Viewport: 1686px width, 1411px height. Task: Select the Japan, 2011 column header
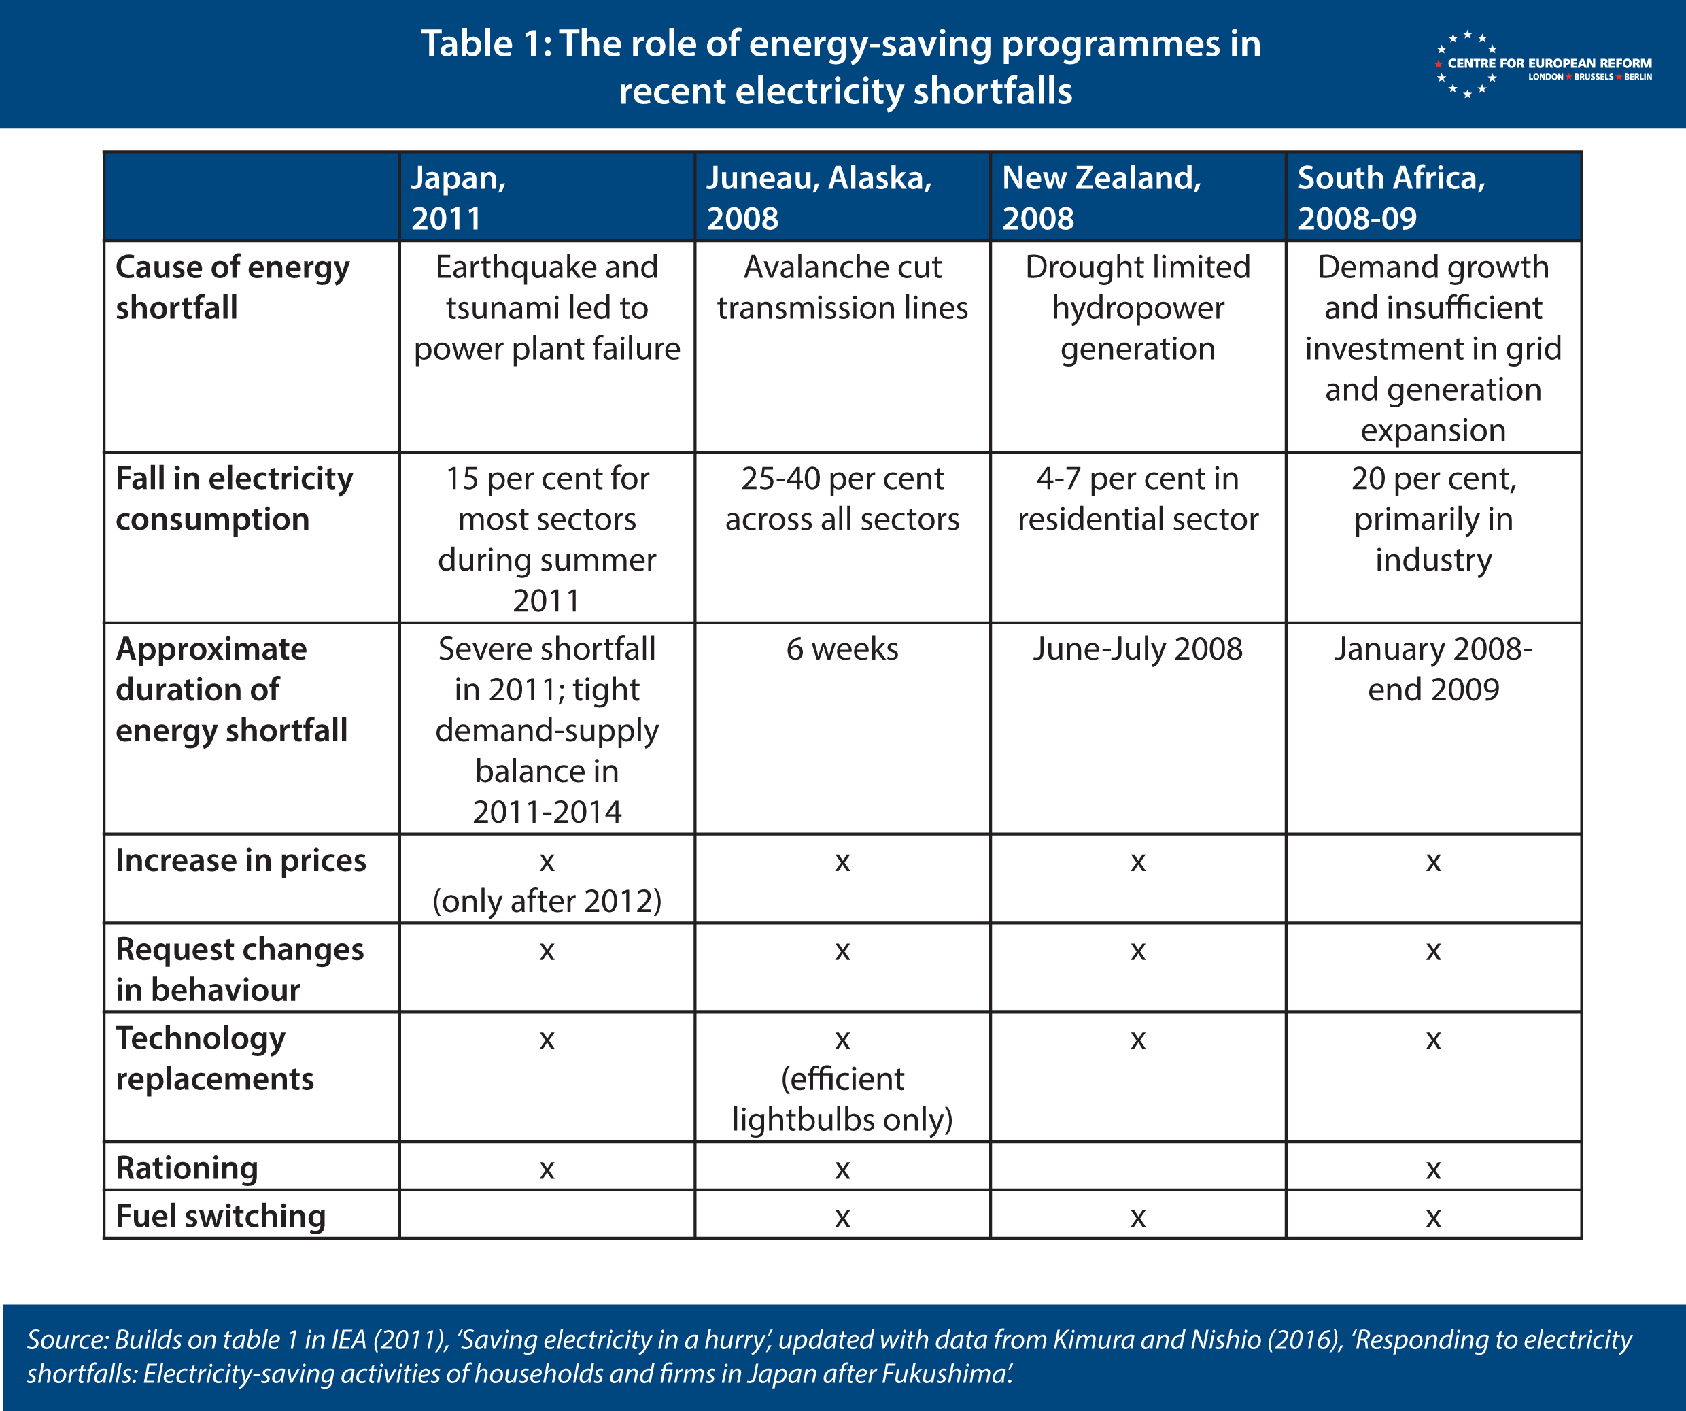click(x=458, y=198)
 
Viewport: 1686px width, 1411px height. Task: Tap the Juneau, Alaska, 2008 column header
click(x=819, y=198)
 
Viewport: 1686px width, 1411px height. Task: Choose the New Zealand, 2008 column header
click(x=1101, y=198)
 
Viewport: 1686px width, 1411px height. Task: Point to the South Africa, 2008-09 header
click(x=1392, y=198)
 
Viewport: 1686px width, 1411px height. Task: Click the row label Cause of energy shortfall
click(x=233, y=287)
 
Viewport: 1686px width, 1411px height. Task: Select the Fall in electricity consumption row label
click(x=235, y=498)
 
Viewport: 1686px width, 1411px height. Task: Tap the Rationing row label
click(x=187, y=1168)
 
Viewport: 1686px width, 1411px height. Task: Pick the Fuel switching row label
click(x=221, y=1216)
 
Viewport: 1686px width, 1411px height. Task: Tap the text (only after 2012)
click(x=547, y=901)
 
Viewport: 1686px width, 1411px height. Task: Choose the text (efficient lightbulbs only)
click(x=842, y=1100)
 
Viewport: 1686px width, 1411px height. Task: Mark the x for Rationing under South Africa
click(x=1433, y=1170)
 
